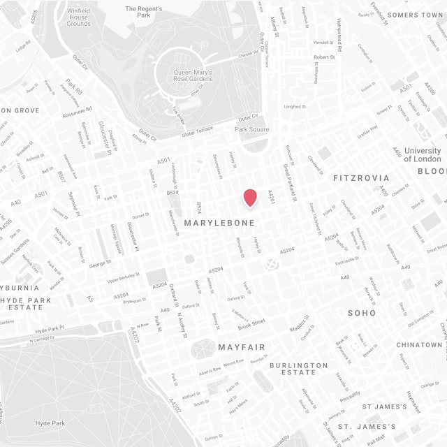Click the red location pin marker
250,198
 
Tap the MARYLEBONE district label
219,223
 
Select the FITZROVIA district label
361,178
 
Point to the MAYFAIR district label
241,347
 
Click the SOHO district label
362,313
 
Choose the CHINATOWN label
419,345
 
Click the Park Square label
251,129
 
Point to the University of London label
422,154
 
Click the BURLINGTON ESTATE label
298,369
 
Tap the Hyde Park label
50,423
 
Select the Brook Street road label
251,323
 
